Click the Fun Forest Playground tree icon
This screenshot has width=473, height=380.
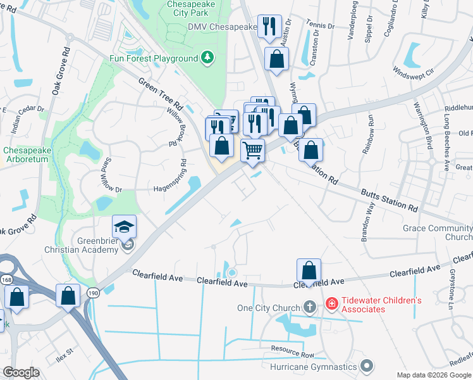[207, 58]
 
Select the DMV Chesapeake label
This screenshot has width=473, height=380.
[222, 27]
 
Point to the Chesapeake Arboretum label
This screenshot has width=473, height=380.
[25, 155]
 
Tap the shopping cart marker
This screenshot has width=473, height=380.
[253, 151]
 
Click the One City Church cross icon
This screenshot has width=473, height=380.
[309, 308]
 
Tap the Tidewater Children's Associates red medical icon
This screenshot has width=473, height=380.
[331, 305]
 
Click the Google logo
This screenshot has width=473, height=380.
[21, 372]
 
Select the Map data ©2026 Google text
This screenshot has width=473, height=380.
[434, 375]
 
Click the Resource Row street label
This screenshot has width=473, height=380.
[293, 350]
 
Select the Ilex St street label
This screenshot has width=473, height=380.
[65, 350]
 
